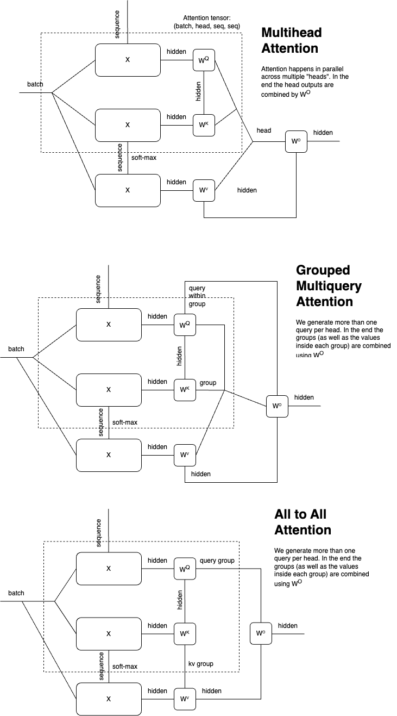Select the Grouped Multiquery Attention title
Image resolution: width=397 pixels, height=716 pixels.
[x=329, y=285]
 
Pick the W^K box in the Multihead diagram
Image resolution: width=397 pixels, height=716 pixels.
[x=203, y=125]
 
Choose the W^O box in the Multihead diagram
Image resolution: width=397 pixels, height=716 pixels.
[x=296, y=142]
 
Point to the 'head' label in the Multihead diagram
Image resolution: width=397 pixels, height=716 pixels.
[x=264, y=130]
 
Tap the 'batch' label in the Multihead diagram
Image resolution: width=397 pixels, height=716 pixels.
[x=35, y=84]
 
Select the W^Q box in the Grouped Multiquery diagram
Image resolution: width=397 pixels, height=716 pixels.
[x=184, y=325]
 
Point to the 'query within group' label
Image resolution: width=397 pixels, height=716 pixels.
[x=197, y=296]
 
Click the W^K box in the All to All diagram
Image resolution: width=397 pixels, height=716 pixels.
[x=184, y=633]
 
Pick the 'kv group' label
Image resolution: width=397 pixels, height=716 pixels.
[x=200, y=663]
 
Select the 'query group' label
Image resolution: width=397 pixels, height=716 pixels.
[x=217, y=561]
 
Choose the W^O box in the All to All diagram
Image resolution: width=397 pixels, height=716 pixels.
[x=260, y=633]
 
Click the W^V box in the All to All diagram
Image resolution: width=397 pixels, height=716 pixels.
[x=184, y=699]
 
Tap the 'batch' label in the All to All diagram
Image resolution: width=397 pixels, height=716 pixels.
[x=16, y=593]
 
